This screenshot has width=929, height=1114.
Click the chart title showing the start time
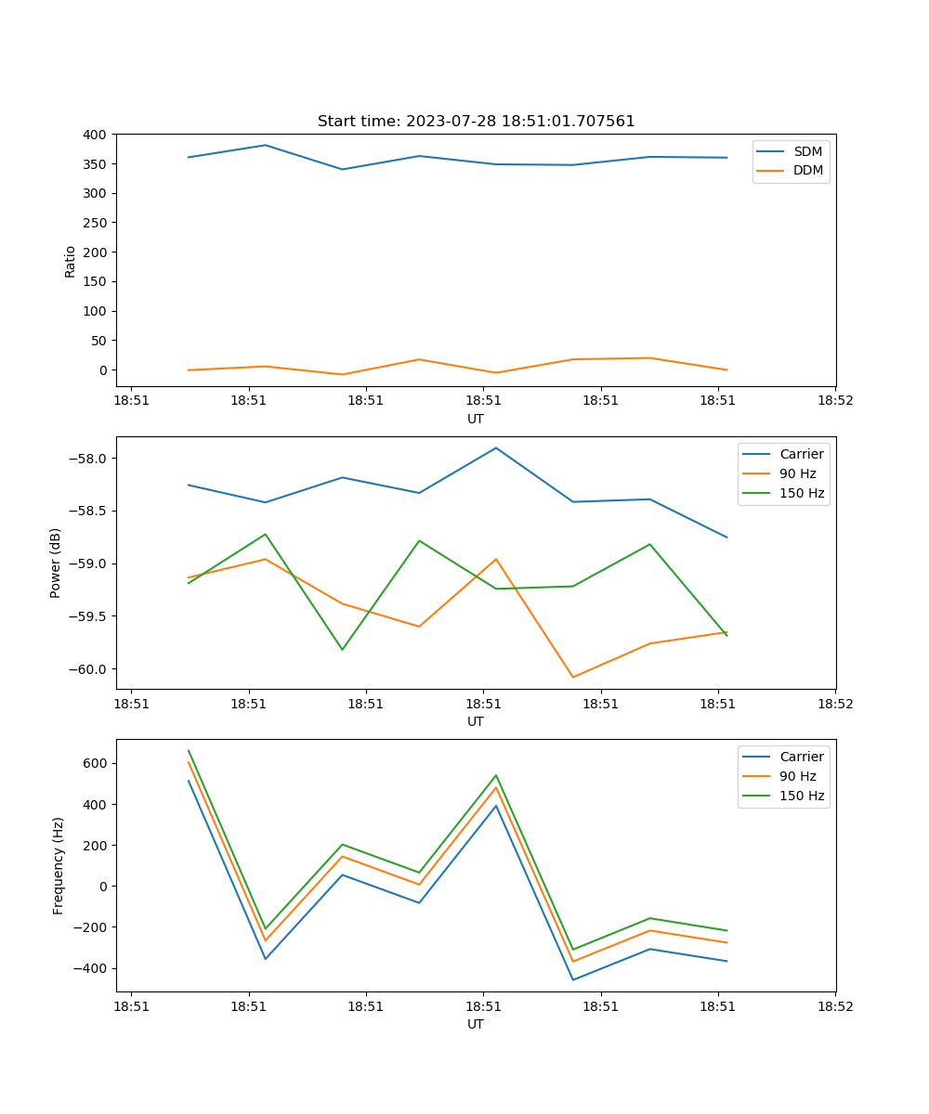pyautogui.click(x=476, y=122)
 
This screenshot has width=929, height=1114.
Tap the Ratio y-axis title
pyautogui.click(x=71, y=261)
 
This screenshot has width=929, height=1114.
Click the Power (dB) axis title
pyautogui.click(x=56, y=563)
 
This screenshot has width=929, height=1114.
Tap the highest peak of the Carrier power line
pyautogui.click(x=496, y=448)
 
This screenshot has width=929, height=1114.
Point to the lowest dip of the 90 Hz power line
pyautogui.click(x=572, y=677)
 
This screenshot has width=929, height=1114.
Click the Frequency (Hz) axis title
pyautogui.click(x=59, y=865)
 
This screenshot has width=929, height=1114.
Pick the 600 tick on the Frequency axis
pyautogui.click(x=97, y=763)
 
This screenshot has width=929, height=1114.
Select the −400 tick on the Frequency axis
pyautogui.click(x=93, y=968)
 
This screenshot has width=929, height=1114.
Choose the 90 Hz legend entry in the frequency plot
pyautogui.click(x=797, y=776)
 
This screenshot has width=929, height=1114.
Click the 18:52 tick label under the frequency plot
pyautogui.click(x=834, y=1005)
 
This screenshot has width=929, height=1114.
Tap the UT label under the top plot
pyautogui.click(x=476, y=419)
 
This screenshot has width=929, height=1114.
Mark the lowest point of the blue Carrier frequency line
pyautogui.click(x=572, y=979)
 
